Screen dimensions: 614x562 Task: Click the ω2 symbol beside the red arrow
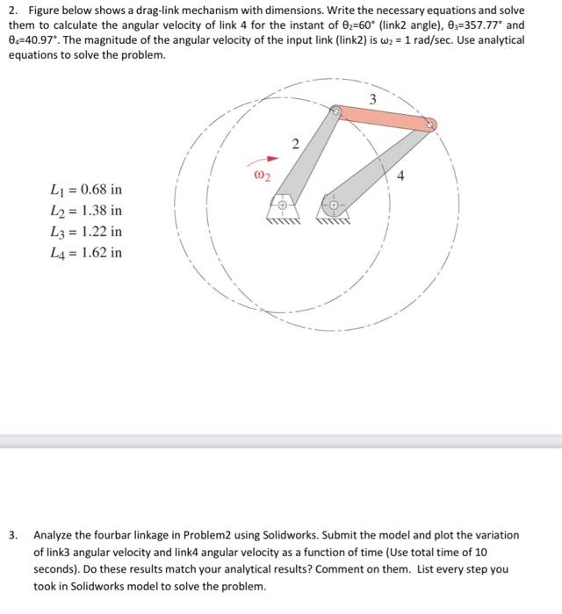(x=262, y=175)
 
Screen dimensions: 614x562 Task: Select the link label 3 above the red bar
(x=372, y=99)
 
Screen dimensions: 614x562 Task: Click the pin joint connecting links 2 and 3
(x=336, y=111)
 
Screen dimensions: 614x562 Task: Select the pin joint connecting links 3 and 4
(x=429, y=126)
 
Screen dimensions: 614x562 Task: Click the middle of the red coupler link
(x=383, y=118)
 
